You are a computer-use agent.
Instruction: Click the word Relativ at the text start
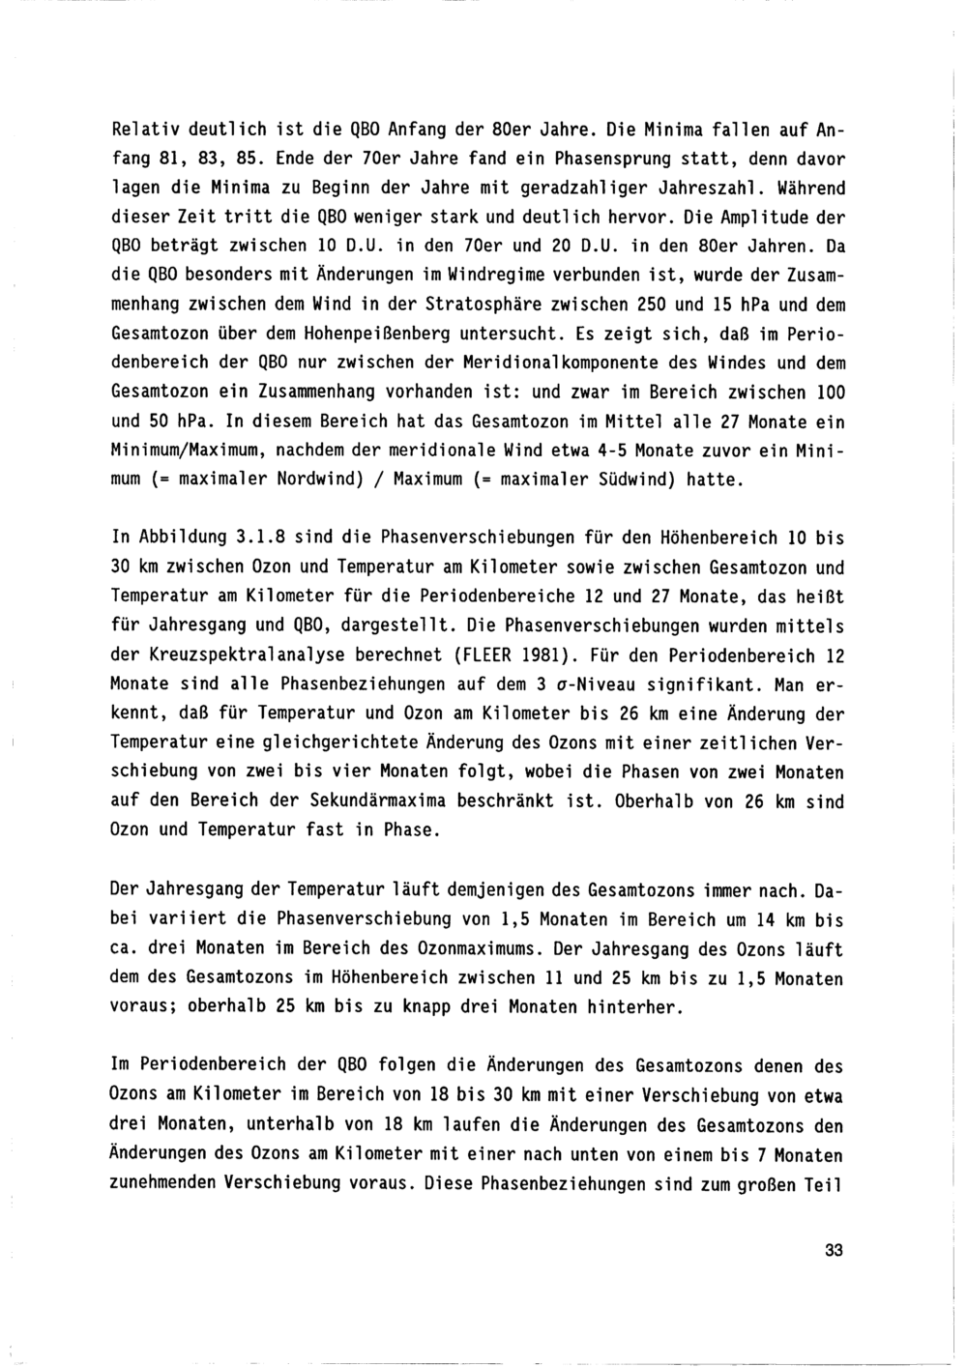142,128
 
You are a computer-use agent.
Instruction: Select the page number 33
834,1250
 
